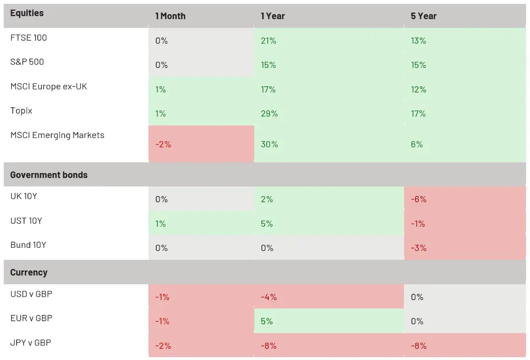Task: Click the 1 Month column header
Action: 170,16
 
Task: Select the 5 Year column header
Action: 424,16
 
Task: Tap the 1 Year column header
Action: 273,16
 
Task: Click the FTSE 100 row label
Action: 29,37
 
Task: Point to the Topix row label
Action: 21,111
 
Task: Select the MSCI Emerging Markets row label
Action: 58,135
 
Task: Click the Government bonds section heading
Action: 49,174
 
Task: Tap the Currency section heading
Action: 29,272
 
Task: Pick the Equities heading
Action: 27,13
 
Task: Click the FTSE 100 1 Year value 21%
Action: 269,41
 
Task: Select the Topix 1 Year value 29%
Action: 269,114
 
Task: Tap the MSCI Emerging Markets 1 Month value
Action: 163,144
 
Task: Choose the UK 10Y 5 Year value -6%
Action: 418,199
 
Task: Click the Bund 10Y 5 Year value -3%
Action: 418,248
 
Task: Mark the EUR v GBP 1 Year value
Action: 267,321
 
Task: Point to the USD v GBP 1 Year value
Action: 269,297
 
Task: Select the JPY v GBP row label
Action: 31,342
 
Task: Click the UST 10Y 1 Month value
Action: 161,223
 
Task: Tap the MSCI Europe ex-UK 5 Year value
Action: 418,90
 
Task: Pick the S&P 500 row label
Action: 27,62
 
